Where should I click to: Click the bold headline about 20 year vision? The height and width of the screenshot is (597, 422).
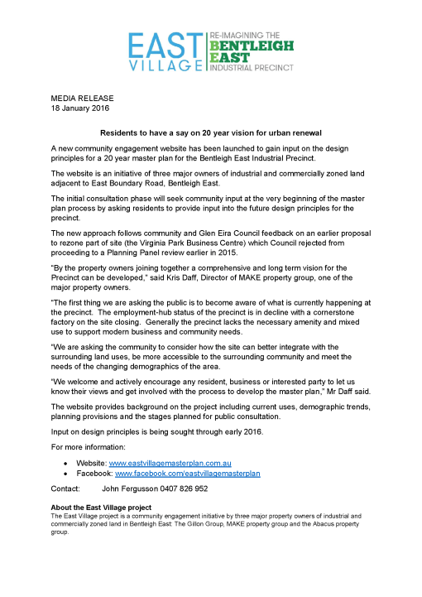210,132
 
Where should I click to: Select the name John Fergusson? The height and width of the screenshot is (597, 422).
127,489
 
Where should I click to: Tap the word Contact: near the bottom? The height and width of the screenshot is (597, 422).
65,489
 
